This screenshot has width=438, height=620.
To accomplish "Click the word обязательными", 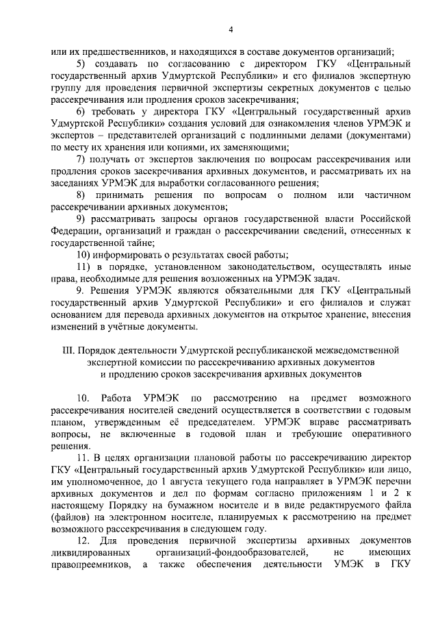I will (x=252, y=290).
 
